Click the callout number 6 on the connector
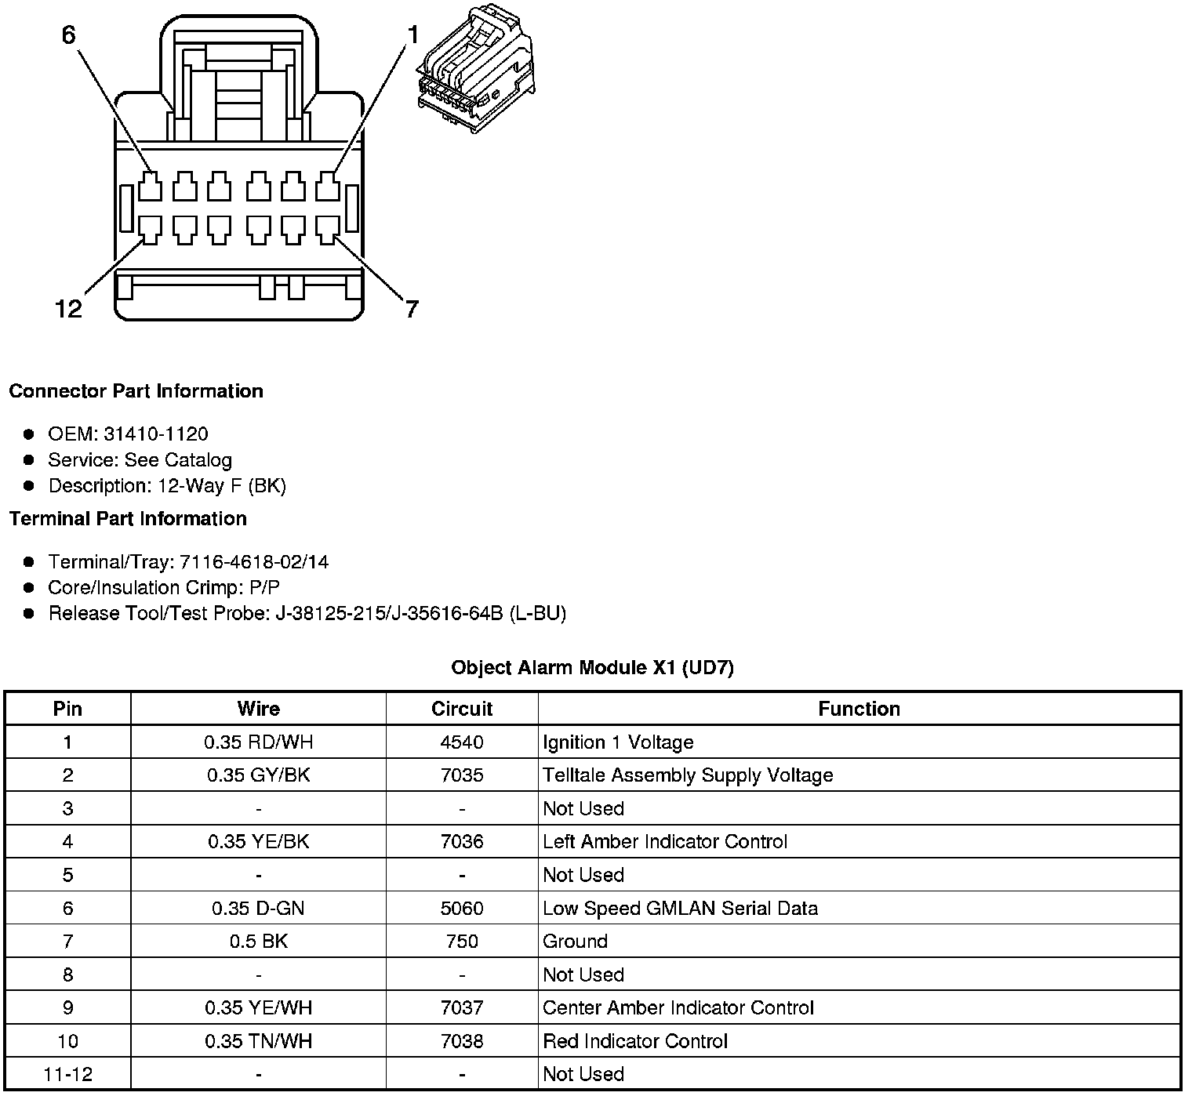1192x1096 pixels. pyautogui.click(x=69, y=35)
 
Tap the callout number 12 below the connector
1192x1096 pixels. pyautogui.click(x=69, y=309)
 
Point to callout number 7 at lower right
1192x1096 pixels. pyautogui.click(x=412, y=309)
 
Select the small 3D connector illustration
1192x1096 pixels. pyautogui.click(x=475, y=67)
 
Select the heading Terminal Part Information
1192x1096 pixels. pyautogui.click(x=128, y=519)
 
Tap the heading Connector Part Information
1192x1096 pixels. pyautogui.click(x=136, y=391)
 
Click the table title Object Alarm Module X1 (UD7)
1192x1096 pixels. pyautogui.click(x=592, y=668)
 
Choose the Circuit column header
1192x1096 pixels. pyautogui.click(x=462, y=709)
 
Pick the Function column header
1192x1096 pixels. pyautogui.click(x=859, y=709)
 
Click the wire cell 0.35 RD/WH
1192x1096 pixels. pyautogui.click(x=258, y=742)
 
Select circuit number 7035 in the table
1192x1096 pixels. pyautogui.click(x=462, y=775)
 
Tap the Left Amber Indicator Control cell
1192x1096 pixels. pyautogui.click(x=664, y=842)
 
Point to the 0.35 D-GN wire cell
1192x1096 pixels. pyautogui.click(x=258, y=909)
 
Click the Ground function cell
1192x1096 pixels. pyautogui.click(x=575, y=942)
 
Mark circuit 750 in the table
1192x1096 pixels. pyautogui.click(x=462, y=942)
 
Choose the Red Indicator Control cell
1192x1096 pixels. pyautogui.click(x=635, y=1041)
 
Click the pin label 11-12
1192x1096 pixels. pyautogui.click(x=67, y=1075)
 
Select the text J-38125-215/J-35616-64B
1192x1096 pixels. pyautogui.click(x=389, y=613)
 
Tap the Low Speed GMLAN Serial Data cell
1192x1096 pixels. pyautogui.click(x=680, y=909)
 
